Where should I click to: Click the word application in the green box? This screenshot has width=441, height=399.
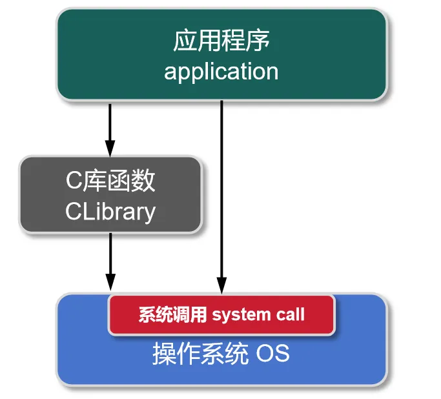(x=221, y=71)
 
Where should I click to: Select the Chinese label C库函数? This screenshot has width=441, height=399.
(x=110, y=181)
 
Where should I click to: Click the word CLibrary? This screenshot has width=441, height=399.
(x=110, y=211)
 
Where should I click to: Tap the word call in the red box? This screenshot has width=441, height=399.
(x=290, y=315)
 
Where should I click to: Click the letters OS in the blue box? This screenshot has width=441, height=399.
(x=273, y=354)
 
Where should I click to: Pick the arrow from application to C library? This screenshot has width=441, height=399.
(x=110, y=126)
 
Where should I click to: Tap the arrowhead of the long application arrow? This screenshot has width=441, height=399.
(x=221, y=285)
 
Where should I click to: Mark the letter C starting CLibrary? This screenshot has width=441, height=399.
(x=72, y=212)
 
